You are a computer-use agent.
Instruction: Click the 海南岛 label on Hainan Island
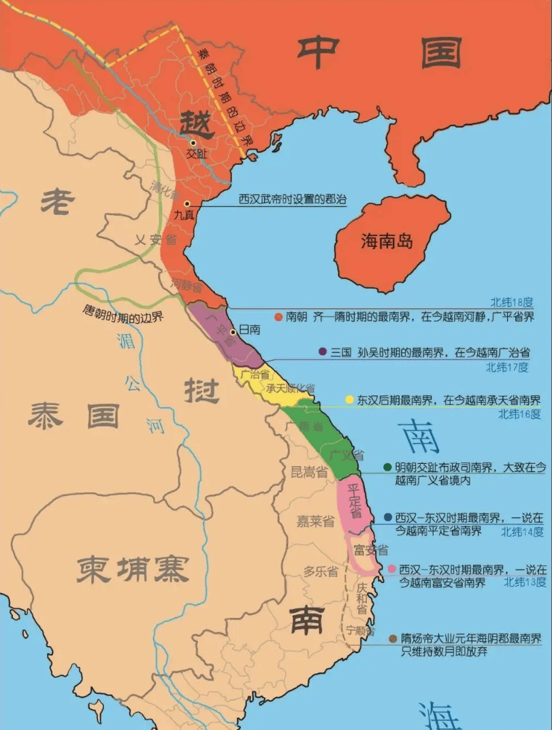tap(387, 241)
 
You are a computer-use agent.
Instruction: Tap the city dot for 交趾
tap(193, 143)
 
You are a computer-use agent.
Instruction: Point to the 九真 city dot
tap(186, 203)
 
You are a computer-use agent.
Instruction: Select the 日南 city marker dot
tap(233, 332)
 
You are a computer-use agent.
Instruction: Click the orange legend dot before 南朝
tap(278, 316)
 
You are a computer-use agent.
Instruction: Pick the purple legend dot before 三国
tap(323, 352)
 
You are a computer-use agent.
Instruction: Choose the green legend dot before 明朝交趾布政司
tap(387, 467)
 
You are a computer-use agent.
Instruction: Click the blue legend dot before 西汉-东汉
tap(387, 517)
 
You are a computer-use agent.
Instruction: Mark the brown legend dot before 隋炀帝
tap(393, 639)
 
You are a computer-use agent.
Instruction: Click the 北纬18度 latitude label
tap(513, 302)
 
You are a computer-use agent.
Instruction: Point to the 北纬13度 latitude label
tap(525, 582)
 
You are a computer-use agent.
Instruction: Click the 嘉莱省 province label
tap(316, 522)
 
